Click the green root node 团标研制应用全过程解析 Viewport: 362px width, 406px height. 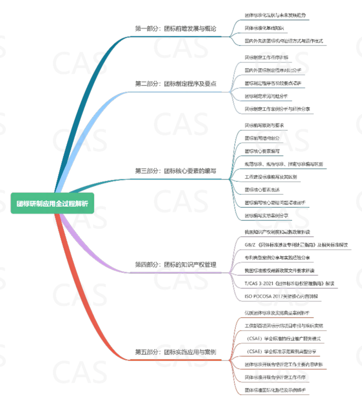click(52, 203)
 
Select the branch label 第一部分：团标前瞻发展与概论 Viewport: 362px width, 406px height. click(175, 29)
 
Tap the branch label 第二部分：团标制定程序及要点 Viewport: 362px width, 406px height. click(175, 84)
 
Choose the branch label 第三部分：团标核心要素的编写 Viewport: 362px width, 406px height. click(175, 171)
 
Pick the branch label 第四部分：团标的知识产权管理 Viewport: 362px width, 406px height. click(175, 265)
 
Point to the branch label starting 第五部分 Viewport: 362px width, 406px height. click(175, 352)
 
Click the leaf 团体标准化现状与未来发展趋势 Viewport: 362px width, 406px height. click(275, 15)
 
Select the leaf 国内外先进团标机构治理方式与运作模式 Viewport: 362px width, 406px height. click(284, 41)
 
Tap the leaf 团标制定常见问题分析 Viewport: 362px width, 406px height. click(266, 96)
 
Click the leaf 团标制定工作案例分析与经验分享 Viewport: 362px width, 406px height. click(277, 109)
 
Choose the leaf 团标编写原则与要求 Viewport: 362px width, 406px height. click(264, 126)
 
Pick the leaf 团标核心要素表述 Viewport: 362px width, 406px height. click(262, 190)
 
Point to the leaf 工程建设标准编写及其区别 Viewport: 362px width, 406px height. click(270, 177)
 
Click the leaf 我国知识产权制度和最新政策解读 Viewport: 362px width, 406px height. click(277, 232)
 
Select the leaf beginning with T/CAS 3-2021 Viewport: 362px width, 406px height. click(289, 284)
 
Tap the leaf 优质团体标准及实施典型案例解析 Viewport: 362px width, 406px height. click(277, 313)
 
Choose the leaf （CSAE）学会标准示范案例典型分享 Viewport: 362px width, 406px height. click(281, 352)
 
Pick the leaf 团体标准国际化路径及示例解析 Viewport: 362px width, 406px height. click(275, 390)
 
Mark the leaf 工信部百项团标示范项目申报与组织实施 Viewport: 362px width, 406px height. click(284, 326)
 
